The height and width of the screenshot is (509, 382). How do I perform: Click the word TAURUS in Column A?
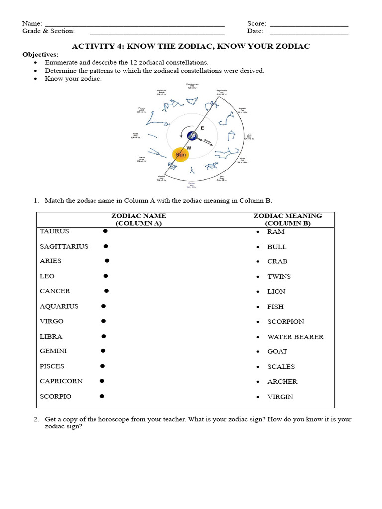[54, 231]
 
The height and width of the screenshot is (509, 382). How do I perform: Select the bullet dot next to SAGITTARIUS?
[106, 246]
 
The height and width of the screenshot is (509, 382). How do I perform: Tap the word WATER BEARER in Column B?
[295, 337]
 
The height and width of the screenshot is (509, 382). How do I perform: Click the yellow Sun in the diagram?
[181, 155]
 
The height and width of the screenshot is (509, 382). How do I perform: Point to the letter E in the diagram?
[202, 128]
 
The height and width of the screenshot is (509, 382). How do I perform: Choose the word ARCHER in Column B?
[282, 382]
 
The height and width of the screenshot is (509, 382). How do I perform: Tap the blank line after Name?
[134, 25]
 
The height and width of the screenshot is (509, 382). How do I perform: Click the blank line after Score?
[308, 25]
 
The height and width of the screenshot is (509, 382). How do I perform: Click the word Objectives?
[40, 54]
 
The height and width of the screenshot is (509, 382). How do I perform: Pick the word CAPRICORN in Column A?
[61, 381]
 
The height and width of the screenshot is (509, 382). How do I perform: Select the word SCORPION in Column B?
[286, 322]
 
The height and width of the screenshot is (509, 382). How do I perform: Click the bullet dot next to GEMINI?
[103, 351]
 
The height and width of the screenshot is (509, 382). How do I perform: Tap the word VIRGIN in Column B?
[280, 397]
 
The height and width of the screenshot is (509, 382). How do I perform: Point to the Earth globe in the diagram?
[192, 136]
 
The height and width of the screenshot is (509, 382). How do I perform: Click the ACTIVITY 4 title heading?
[191, 46]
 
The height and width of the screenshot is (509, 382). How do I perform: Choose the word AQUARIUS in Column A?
[59, 306]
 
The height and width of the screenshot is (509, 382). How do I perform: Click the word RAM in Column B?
[275, 232]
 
